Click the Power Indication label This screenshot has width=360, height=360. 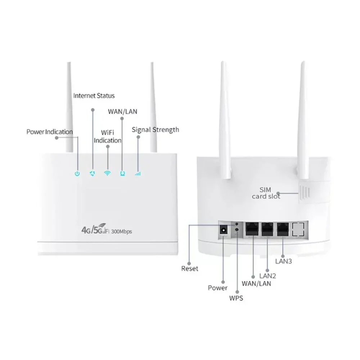[50, 132]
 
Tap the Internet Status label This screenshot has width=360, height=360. [94, 95]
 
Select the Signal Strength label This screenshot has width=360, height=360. [156, 130]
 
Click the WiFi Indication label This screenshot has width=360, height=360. [107, 136]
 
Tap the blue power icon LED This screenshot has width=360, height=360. [77, 174]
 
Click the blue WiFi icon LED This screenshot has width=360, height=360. [107, 174]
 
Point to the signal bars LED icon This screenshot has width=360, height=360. [138, 174]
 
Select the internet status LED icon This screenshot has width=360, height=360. [92, 174]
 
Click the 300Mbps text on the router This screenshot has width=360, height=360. [121, 231]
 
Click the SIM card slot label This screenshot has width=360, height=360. [266, 193]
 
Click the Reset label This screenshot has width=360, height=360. [190, 269]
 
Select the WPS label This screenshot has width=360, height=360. [236, 298]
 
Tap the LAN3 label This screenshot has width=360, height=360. [284, 261]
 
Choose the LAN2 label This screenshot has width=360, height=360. [268, 276]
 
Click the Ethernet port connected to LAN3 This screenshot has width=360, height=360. [283, 229]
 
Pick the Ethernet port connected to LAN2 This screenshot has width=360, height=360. [267, 229]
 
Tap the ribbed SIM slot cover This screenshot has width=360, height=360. [305, 192]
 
